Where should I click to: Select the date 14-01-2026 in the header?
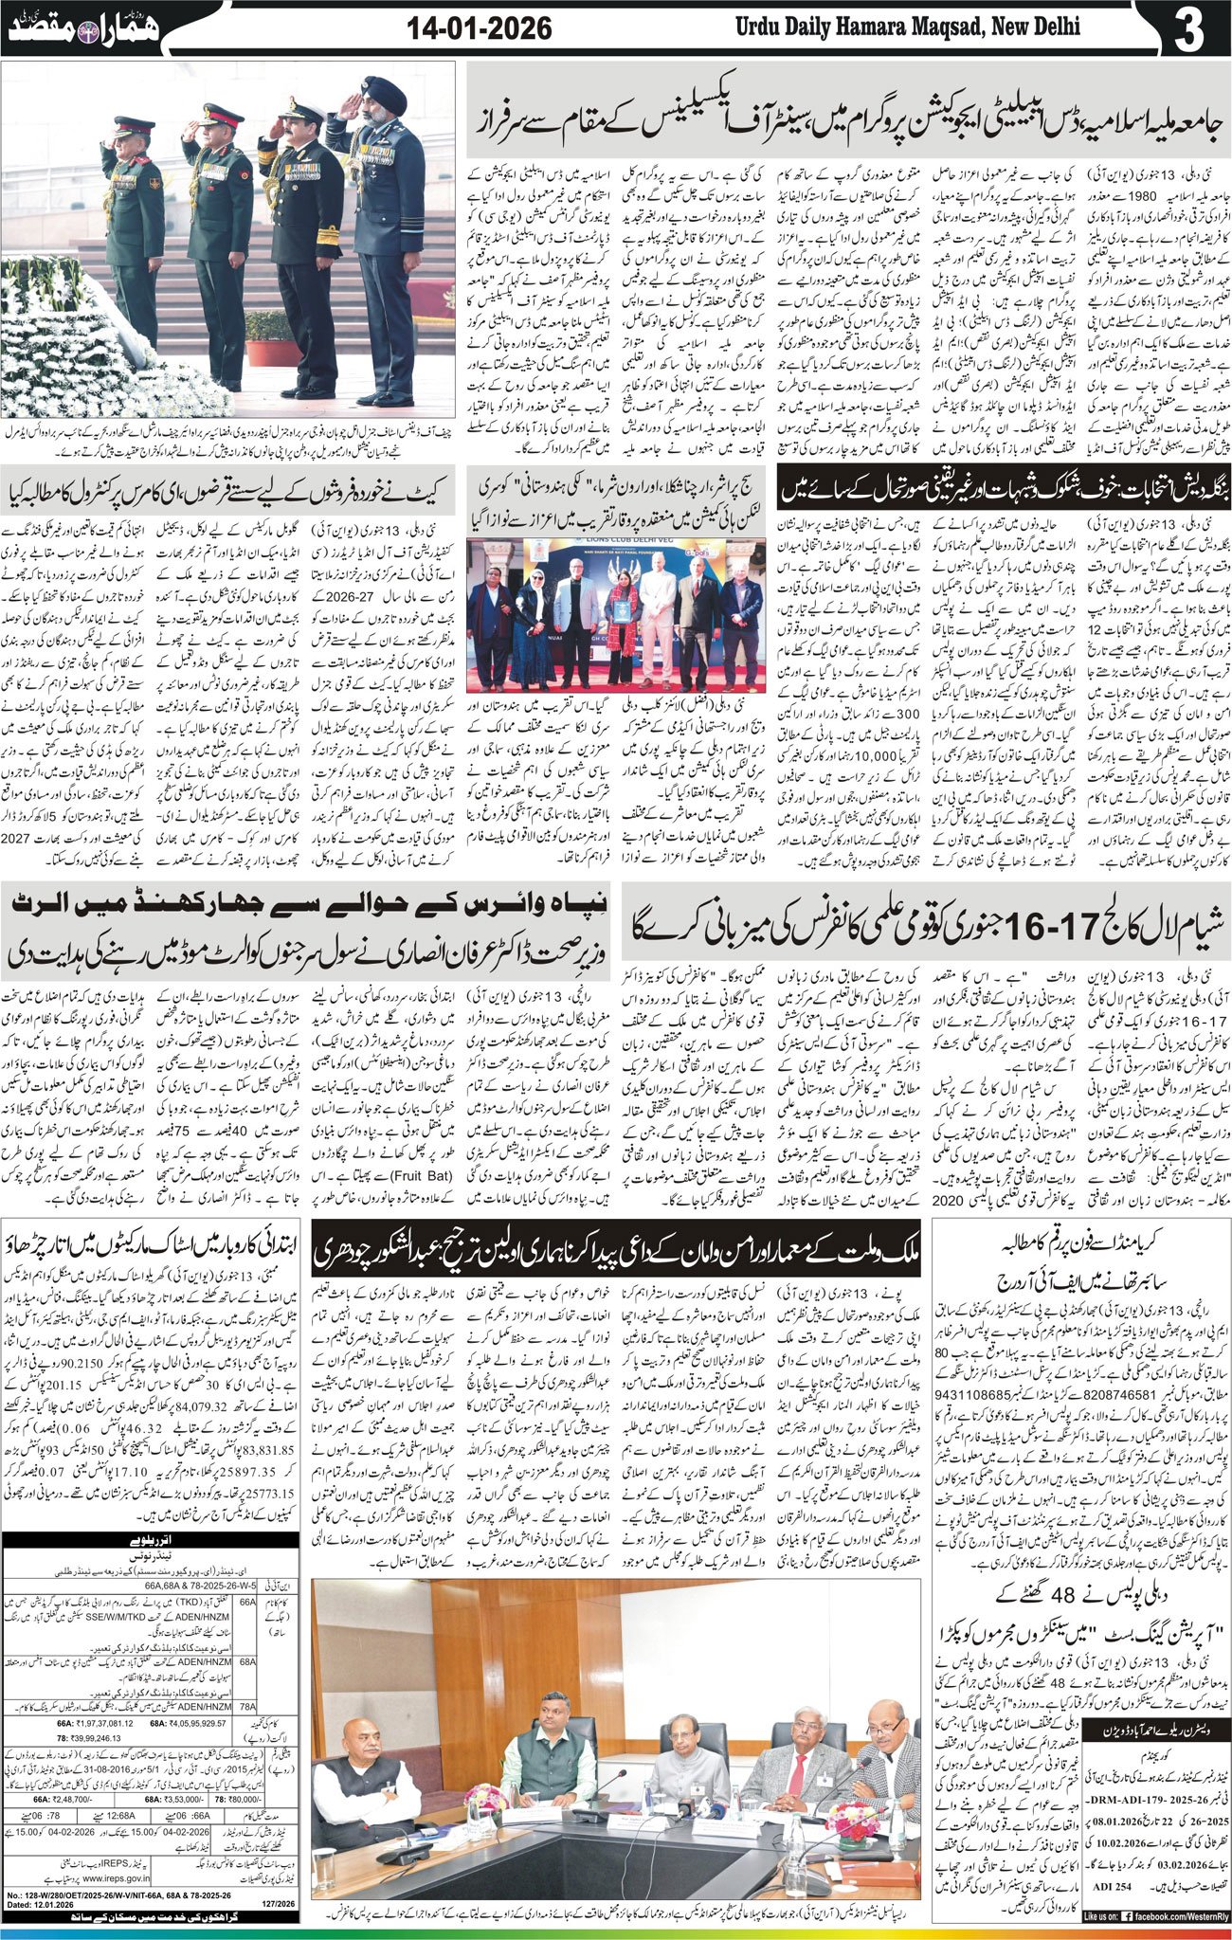[x=479, y=28]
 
